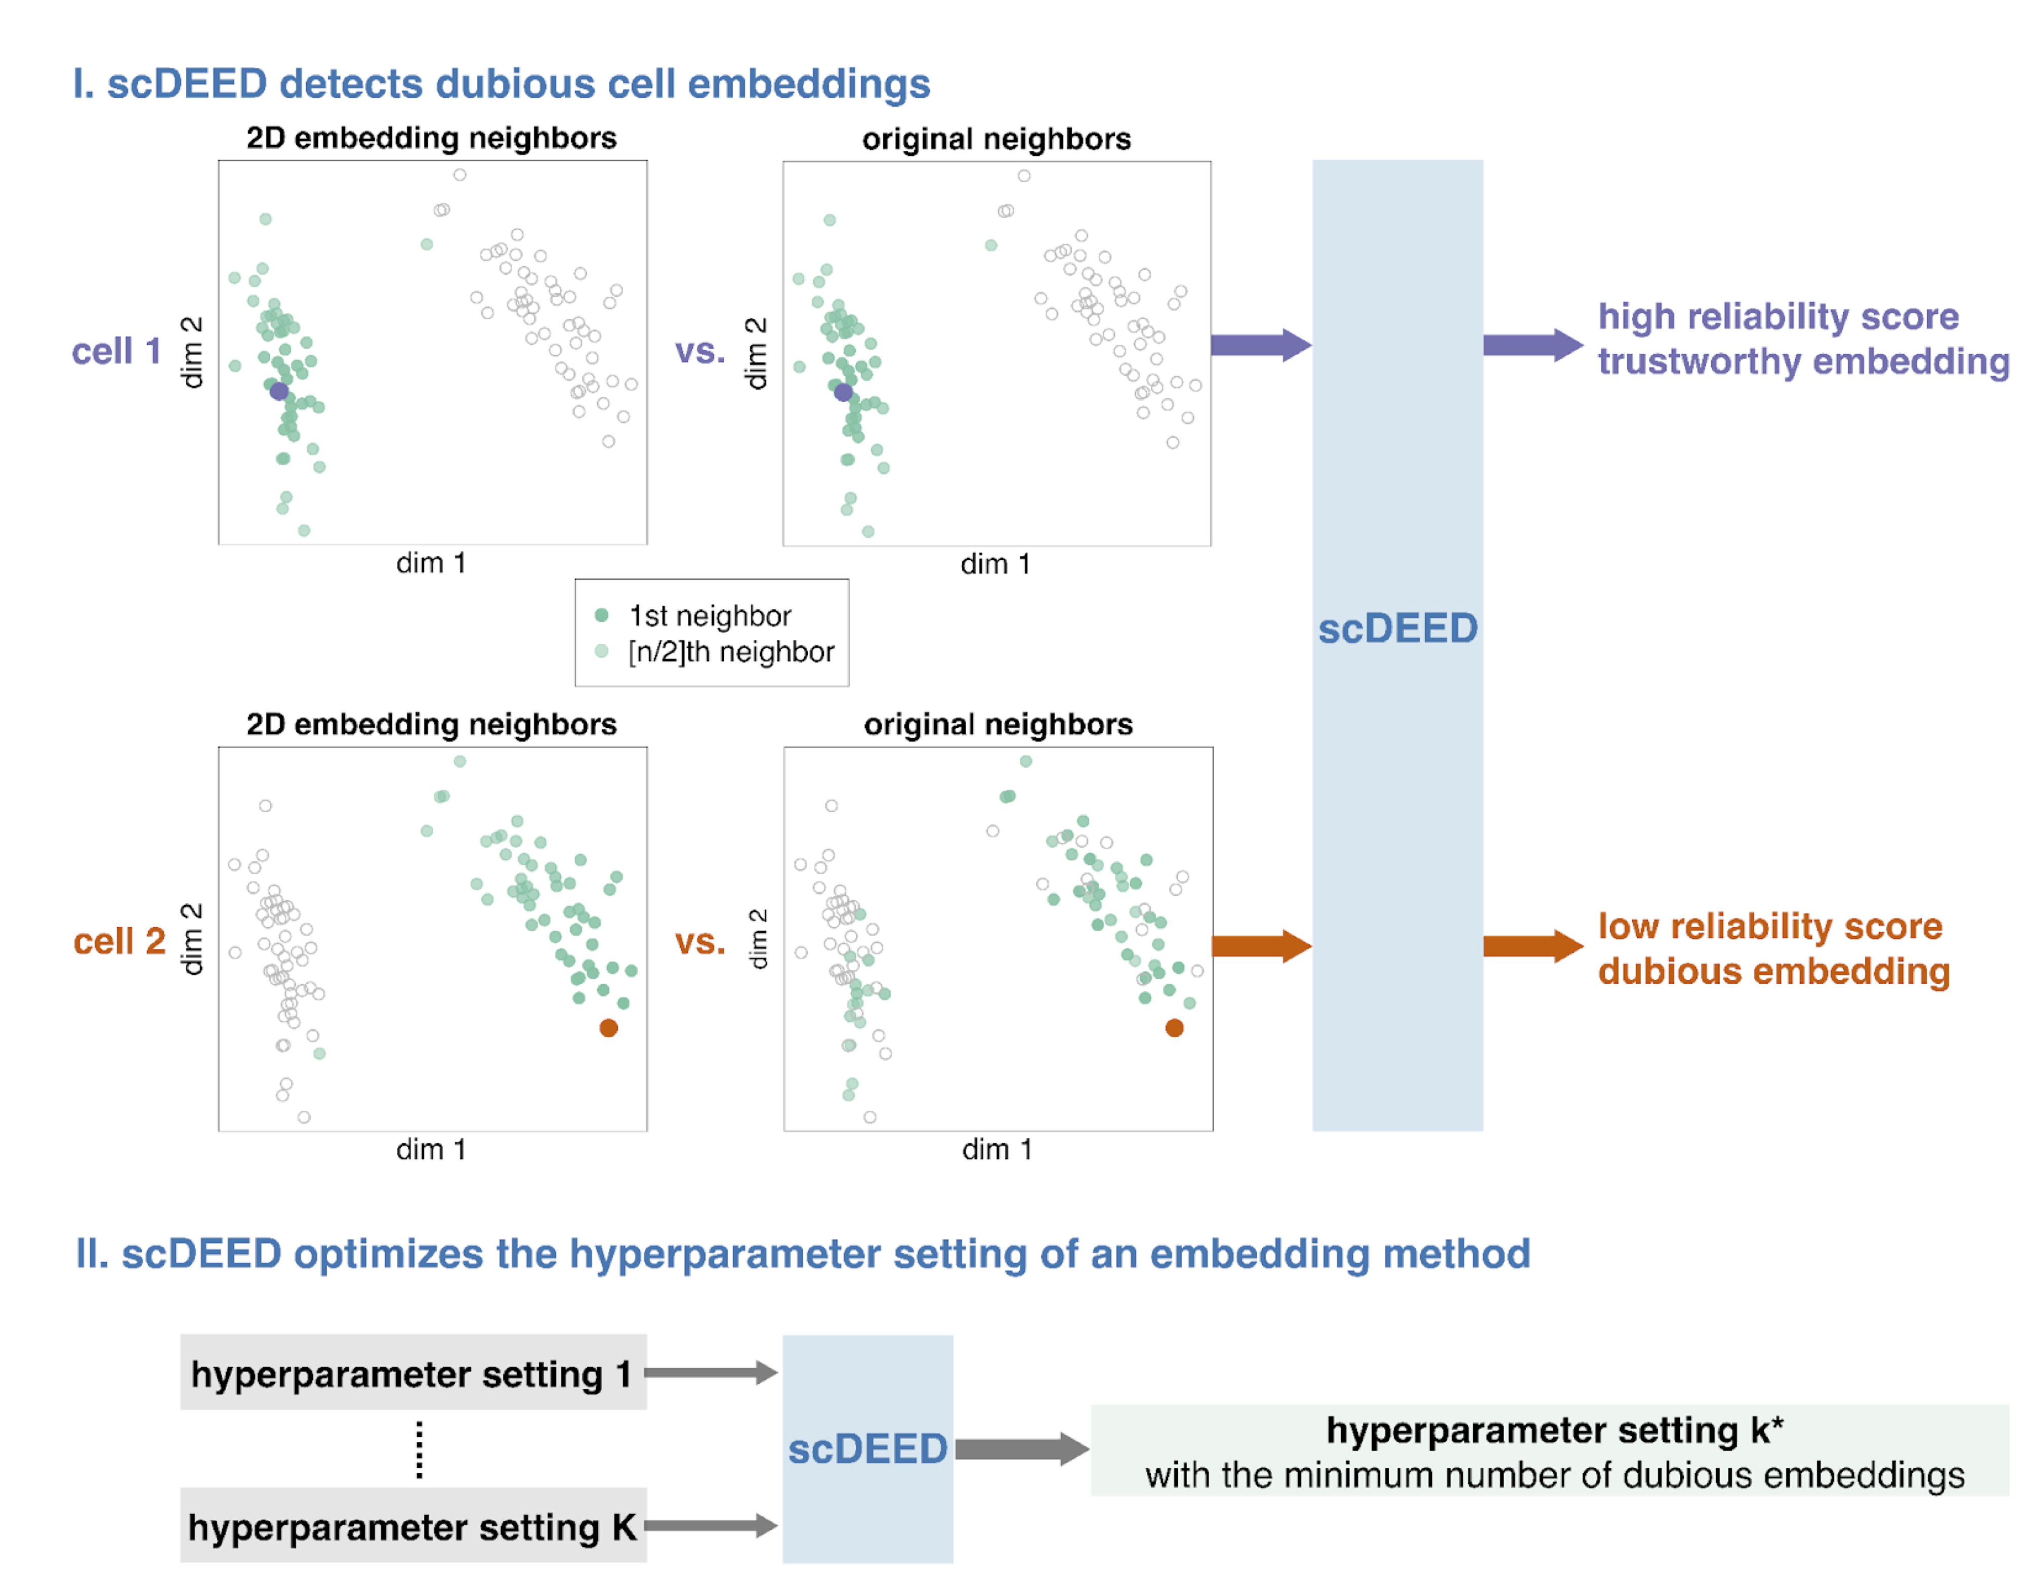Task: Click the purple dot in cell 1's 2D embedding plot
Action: pos(278,391)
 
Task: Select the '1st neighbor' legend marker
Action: pos(602,615)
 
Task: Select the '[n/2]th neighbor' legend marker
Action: pos(602,651)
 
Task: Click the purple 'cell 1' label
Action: pos(117,351)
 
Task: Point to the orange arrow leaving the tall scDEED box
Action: pos(1532,946)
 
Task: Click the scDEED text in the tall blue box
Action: pos(1397,629)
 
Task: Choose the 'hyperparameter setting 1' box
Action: pos(412,1373)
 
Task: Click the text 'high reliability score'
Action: pos(1777,317)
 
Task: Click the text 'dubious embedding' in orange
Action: pos(1773,971)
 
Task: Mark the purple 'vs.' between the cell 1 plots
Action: pos(699,351)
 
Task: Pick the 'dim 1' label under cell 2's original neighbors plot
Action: pos(997,1149)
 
